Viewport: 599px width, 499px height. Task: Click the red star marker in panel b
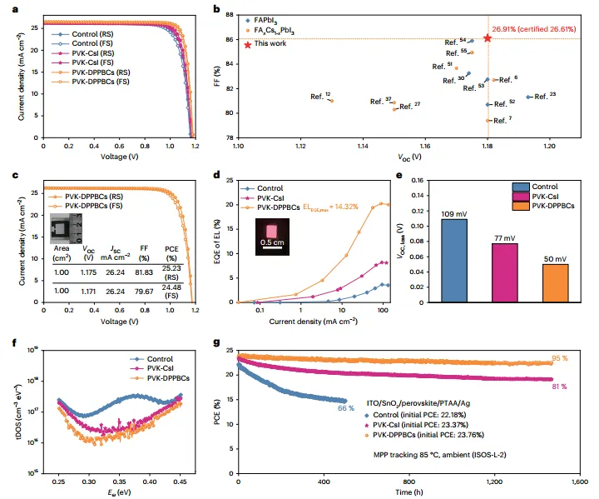coord(487,38)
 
